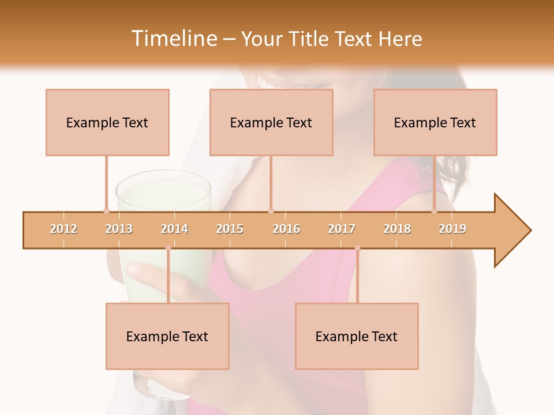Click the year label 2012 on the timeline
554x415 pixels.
point(63,229)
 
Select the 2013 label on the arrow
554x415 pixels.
point(119,229)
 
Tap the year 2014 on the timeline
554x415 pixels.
point(174,229)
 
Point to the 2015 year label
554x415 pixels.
point(230,229)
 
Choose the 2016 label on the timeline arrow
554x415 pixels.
point(286,229)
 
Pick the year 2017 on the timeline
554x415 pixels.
point(342,229)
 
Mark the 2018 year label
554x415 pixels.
point(397,229)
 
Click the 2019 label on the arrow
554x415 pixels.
point(452,229)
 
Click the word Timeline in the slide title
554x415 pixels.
point(173,39)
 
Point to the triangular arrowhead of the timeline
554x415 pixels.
point(512,231)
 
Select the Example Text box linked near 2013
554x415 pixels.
point(107,122)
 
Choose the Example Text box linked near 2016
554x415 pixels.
point(271,122)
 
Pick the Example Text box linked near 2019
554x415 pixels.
point(435,122)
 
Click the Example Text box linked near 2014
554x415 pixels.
point(167,336)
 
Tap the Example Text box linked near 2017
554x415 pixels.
point(357,336)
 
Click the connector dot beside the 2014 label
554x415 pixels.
point(168,248)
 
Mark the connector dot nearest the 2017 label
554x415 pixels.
point(357,248)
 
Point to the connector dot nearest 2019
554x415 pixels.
point(435,212)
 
